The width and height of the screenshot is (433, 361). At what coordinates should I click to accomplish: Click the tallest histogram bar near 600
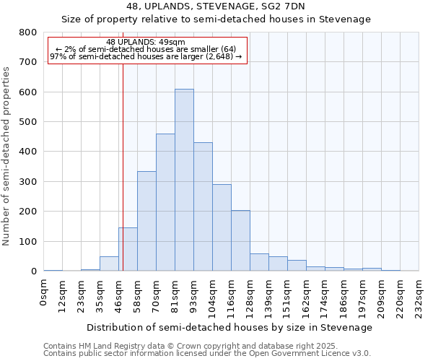click(x=184, y=180)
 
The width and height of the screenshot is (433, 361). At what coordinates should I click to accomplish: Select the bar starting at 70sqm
click(x=165, y=202)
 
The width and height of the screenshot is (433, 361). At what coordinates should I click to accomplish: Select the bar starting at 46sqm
click(x=128, y=249)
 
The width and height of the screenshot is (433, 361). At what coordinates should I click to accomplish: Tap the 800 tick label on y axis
click(x=28, y=32)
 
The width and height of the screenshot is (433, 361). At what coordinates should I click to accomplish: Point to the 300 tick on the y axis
click(x=28, y=182)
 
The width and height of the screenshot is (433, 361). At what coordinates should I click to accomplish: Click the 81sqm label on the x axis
click(x=175, y=295)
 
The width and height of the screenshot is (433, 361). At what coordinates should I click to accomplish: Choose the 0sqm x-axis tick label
click(x=44, y=292)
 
